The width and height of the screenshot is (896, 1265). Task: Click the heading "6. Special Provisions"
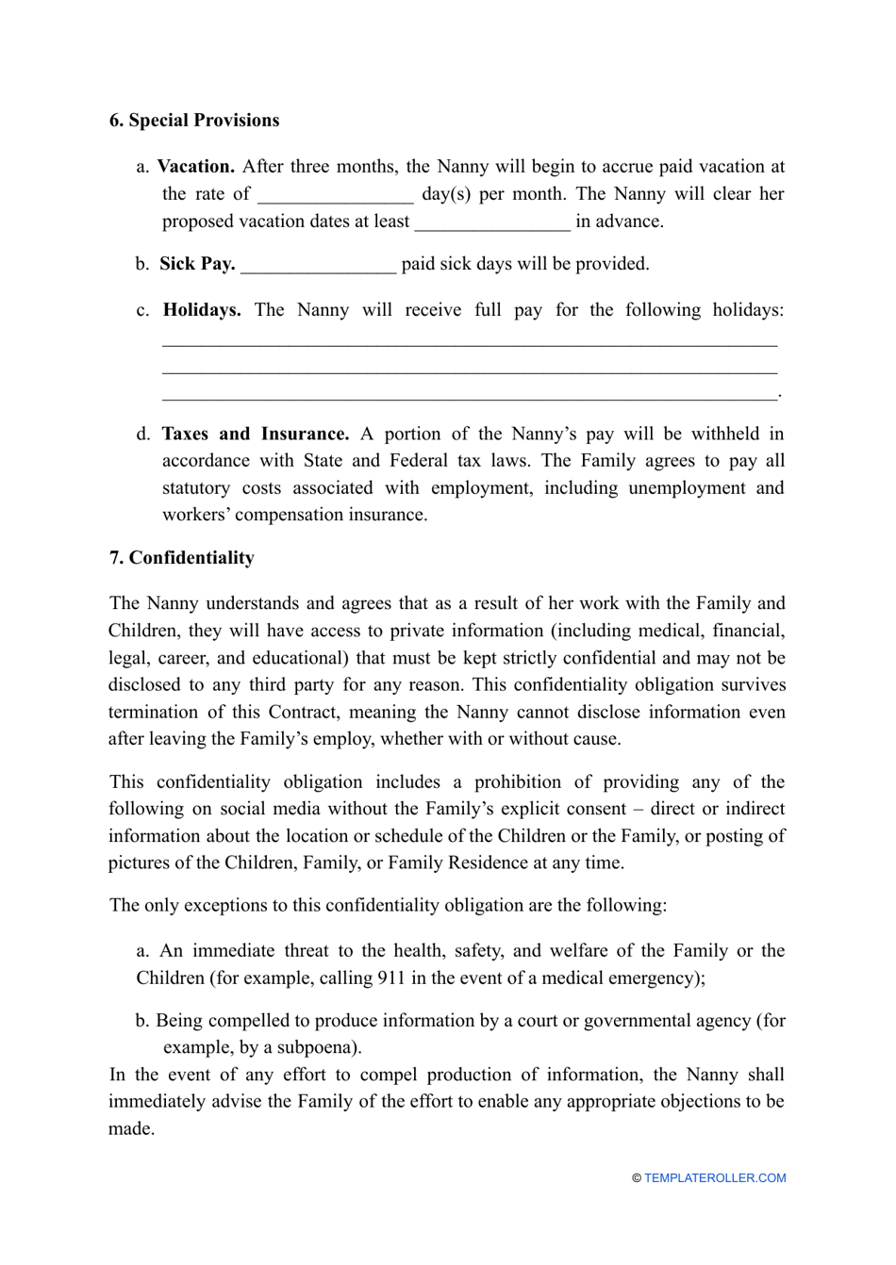194,120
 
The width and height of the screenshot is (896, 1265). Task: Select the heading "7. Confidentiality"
182,557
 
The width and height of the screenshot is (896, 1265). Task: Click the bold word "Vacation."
195,166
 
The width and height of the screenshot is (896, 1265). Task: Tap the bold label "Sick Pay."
197,263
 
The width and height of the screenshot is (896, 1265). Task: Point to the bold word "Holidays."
202,309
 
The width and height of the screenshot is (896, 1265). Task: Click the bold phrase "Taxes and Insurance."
255,434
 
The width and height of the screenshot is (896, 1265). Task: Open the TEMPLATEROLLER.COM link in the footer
715,1177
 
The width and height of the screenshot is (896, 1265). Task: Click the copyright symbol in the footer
637,1177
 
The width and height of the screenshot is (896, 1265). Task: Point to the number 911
391,977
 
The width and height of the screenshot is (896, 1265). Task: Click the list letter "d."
143,434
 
